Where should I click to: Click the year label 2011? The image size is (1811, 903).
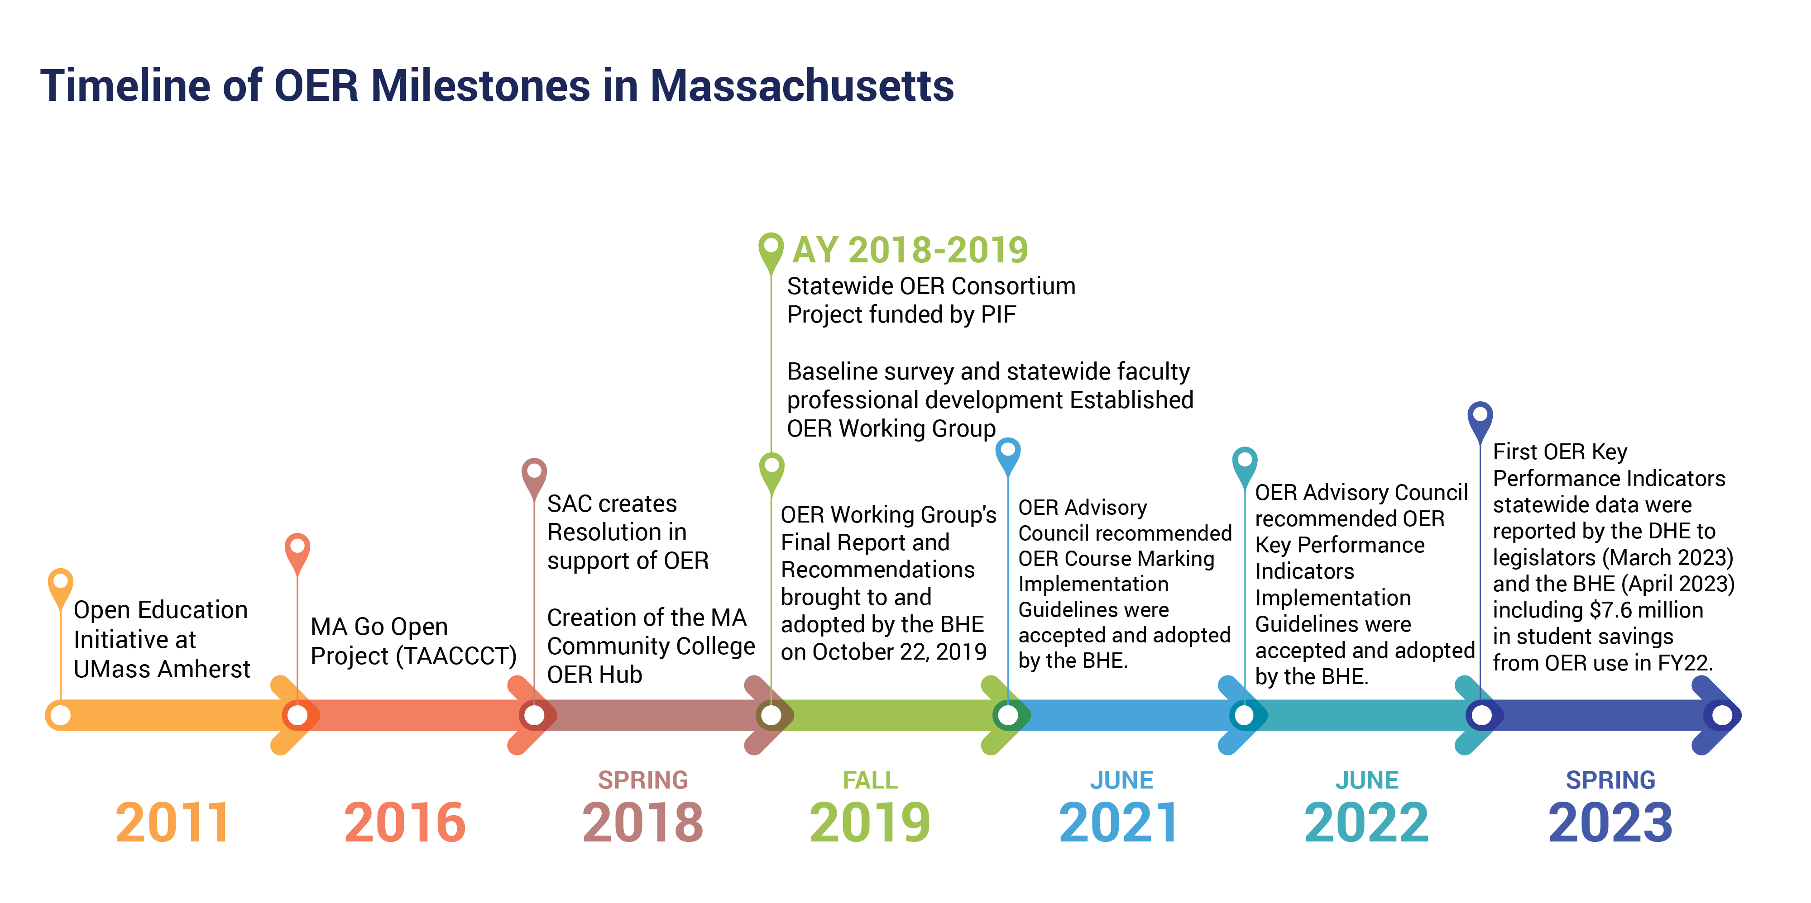172,822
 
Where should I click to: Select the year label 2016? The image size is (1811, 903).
405,822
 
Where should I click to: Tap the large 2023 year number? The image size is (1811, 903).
1610,822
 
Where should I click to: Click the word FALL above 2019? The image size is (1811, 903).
870,780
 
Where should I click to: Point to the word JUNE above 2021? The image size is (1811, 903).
1122,780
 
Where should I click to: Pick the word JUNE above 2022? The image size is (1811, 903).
1367,780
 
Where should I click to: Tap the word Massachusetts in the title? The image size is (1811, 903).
802,86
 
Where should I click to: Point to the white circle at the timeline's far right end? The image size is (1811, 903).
1722,715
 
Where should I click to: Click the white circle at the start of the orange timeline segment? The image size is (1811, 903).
61,715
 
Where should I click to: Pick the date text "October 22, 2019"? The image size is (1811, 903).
900,652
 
